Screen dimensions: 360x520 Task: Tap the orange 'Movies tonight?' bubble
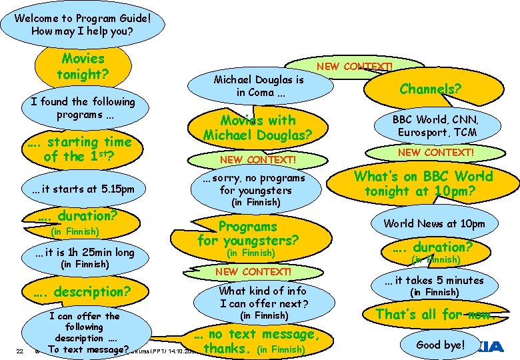[83, 66]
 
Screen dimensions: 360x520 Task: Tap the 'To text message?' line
[88, 349]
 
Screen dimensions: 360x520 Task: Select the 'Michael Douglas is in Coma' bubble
[258, 86]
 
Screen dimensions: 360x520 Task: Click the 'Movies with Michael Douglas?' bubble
[257, 127]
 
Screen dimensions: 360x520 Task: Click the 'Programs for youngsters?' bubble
[248, 233]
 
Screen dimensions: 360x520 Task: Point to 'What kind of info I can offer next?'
[263, 297]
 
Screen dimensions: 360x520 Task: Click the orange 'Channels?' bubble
[430, 87]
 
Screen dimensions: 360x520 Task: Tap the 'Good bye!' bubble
[441, 345]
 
